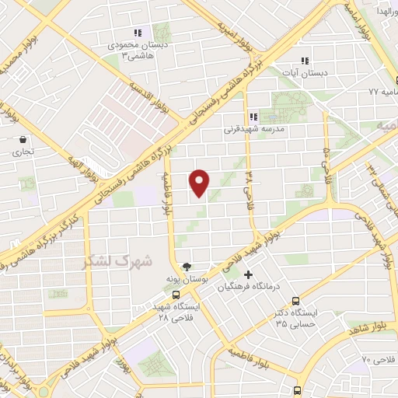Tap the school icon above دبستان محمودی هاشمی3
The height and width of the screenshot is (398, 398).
click(x=137, y=33)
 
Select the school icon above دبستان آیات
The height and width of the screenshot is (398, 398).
click(x=304, y=61)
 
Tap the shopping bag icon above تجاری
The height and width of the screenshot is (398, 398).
click(x=23, y=140)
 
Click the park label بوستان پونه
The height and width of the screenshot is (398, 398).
click(x=184, y=278)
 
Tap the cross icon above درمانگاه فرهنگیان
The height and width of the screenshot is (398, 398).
click(x=248, y=274)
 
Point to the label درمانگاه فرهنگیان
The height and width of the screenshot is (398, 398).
click(x=248, y=287)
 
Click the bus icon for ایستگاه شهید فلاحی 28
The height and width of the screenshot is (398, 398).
click(x=177, y=295)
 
